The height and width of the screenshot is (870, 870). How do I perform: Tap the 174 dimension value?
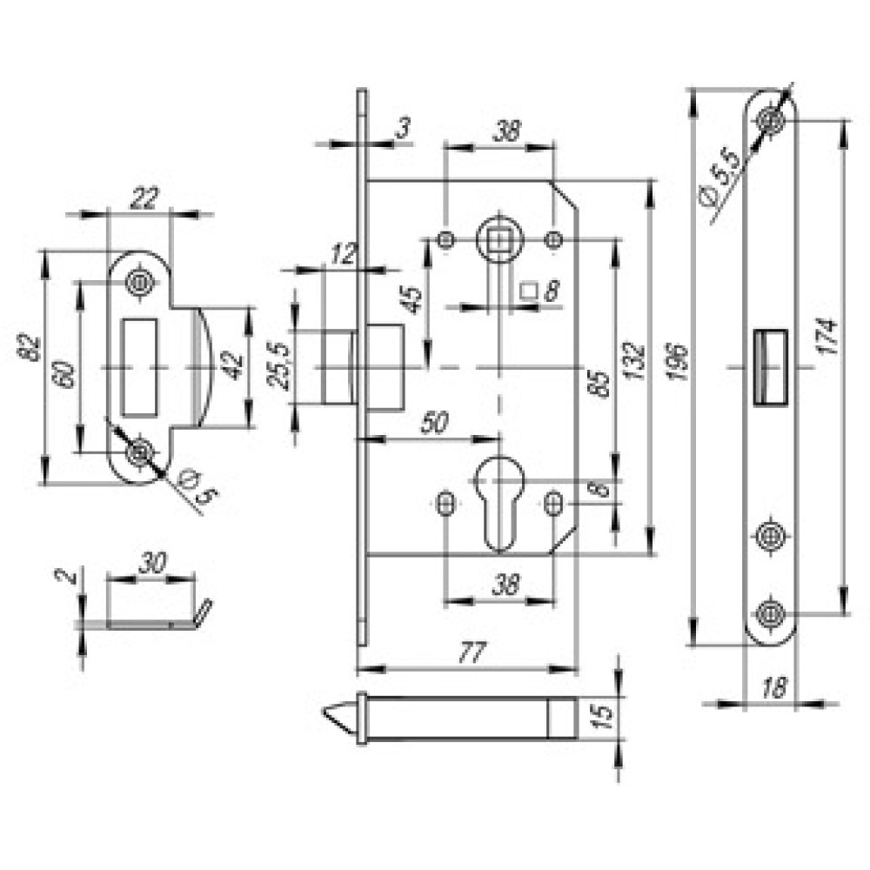point(826,336)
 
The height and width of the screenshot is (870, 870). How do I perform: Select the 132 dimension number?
point(634,361)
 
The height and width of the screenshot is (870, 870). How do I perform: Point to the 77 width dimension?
point(472,652)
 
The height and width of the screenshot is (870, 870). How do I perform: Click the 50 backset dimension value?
point(434,424)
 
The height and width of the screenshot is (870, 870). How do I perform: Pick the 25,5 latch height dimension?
point(278,367)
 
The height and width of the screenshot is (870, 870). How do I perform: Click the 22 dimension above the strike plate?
point(144,198)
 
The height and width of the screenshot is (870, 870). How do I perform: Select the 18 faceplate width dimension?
point(774,688)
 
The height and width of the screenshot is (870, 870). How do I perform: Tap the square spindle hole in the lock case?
point(499,241)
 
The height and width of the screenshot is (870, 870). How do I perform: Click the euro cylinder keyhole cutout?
point(499,503)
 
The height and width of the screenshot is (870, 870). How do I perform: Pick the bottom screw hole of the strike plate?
point(138,452)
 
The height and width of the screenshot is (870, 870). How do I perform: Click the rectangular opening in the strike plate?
point(138,367)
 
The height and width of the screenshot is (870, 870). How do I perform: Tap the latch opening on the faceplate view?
point(771,367)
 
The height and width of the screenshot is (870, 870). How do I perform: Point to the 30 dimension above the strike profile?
point(152,563)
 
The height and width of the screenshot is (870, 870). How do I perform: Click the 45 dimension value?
point(412,300)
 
